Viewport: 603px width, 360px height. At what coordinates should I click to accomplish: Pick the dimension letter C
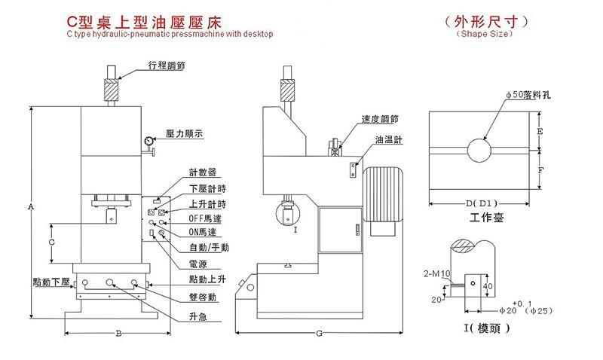click(x=51, y=243)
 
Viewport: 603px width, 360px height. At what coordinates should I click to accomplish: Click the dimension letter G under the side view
click(x=319, y=332)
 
